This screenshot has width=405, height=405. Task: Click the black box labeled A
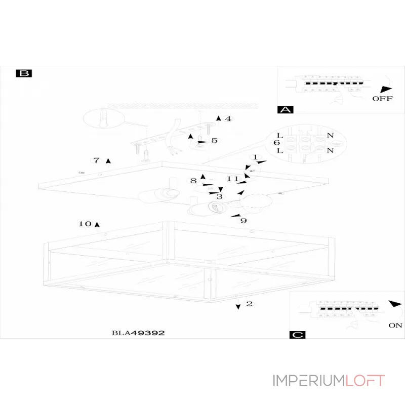click(x=286, y=109)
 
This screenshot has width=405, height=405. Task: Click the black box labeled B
click(x=24, y=73)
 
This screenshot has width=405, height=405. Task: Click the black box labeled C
click(x=297, y=335)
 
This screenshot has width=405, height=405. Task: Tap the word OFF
click(x=382, y=99)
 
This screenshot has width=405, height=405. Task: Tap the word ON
click(x=395, y=326)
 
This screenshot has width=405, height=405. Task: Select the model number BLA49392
click(x=138, y=333)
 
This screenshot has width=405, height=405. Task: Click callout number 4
click(x=228, y=119)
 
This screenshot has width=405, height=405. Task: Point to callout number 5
click(x=214, y=140)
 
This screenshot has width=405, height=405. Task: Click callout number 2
click(x=249, y=304)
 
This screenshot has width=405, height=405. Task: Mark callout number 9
click(x=244, y=221)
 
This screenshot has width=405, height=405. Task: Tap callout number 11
click(x=232, y=179)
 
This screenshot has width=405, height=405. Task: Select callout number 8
click(x=193, y=180)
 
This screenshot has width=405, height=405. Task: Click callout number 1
click(x=256, y=158)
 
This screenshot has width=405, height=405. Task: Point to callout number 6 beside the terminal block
click(x=276, y=143)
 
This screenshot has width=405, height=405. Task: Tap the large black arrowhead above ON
click(x=395, y=304)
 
